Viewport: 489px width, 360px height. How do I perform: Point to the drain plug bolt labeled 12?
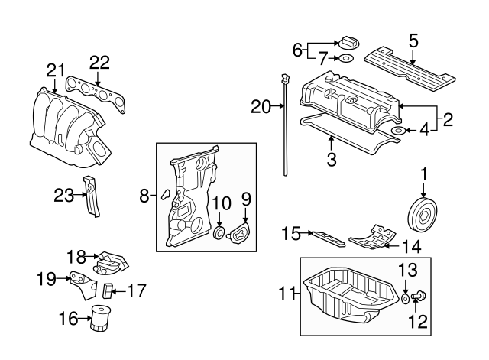pyautogui.click(x=419, y=297)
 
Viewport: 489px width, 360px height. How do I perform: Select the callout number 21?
pyautogui.click(x=53, y=70)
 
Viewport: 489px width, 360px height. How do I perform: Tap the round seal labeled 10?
pyautogui.click(x=219, y=232)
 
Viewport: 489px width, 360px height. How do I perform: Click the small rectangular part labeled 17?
pyautogui.click(x=108, y=289)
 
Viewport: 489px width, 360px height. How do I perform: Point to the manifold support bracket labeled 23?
pyautogui.click(x=92, y=196)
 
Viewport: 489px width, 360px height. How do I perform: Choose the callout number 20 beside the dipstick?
pyautogui.click(x=261, y=107)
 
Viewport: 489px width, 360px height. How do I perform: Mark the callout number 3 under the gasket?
pyautogui.click(x=331, y=161)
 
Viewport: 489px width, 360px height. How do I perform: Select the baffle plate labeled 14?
pyautogui.click(x=371, y=238)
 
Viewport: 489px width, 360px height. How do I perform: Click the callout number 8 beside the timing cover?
pyautogui.click(x=144, y=196)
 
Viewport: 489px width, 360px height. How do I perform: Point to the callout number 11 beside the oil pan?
pyautogui.click(x=287, y=291)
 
